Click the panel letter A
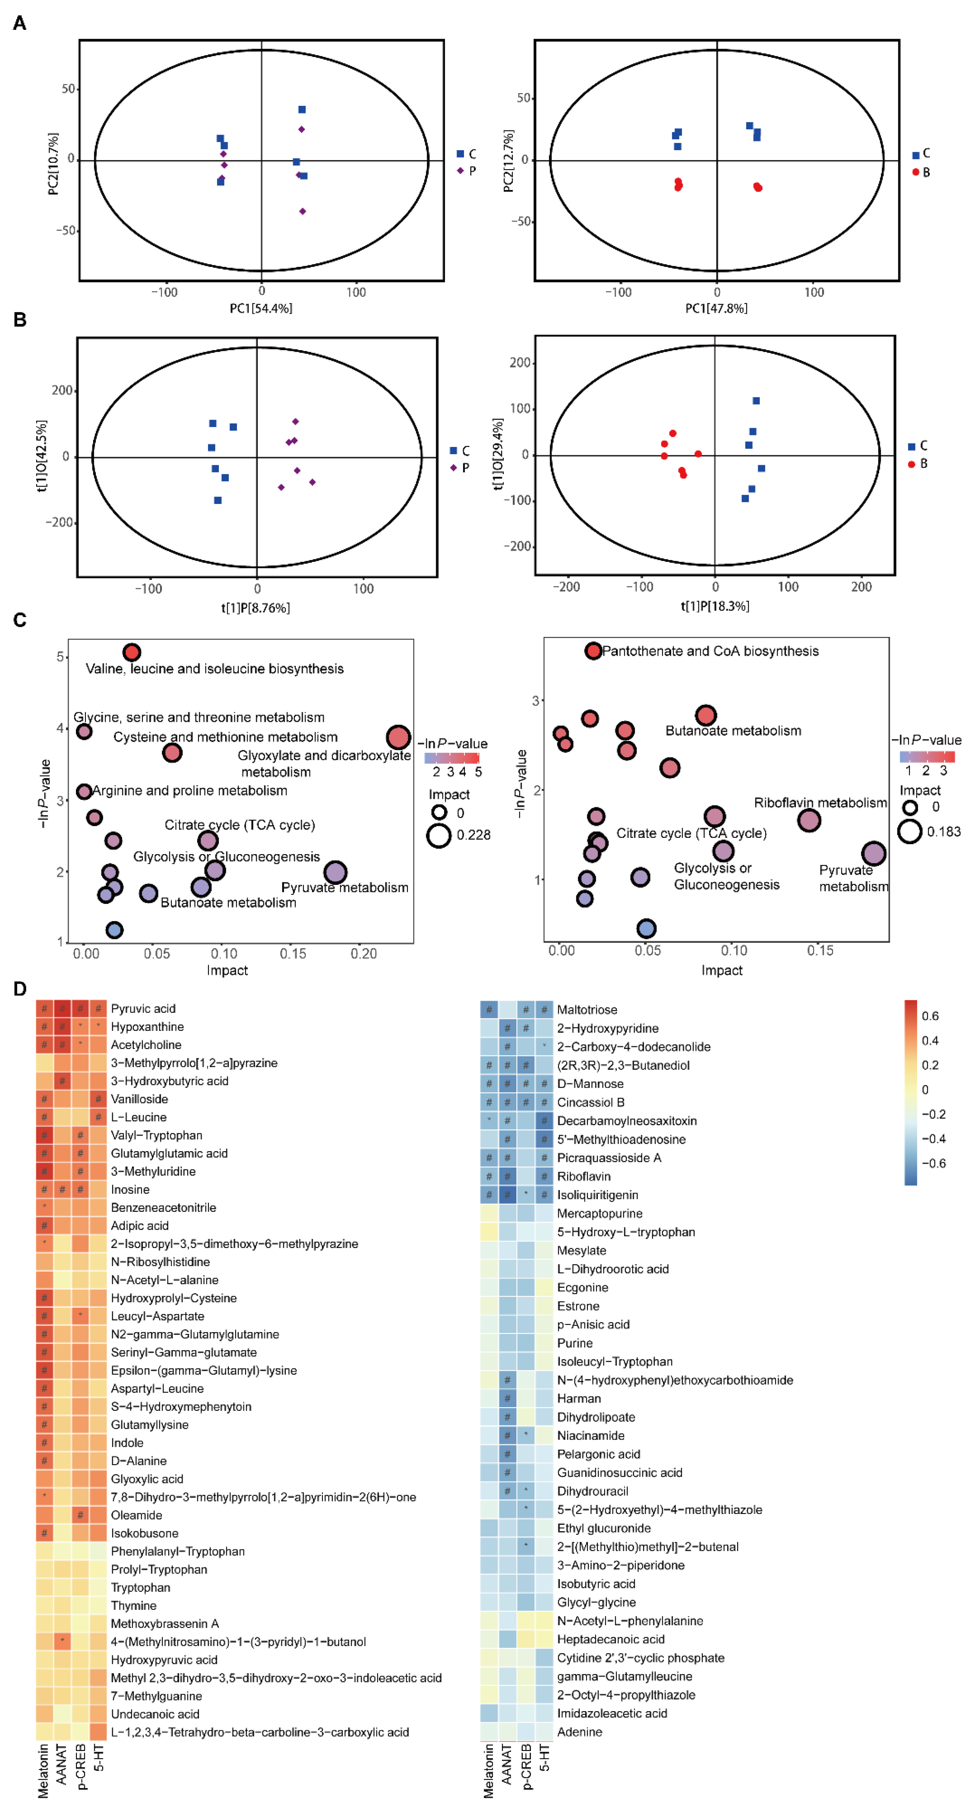20,23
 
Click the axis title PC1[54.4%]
261,308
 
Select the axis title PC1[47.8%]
716,308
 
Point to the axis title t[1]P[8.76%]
256,608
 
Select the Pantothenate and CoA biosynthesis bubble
593,651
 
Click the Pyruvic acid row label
143,1008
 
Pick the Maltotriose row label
587,1010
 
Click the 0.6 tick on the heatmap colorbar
930,1016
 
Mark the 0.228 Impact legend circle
439,835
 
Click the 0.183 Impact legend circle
909,832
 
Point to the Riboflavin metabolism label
820,803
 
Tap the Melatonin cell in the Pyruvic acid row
44,1008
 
